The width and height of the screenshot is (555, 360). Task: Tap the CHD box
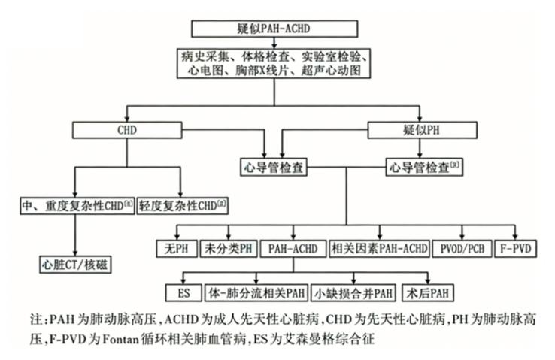(x=126, y=129)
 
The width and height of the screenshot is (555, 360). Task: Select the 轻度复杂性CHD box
(x=182, y=204)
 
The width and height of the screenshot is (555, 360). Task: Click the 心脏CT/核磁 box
(x=76, y=265)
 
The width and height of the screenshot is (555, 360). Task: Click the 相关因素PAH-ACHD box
(x=380, y=247)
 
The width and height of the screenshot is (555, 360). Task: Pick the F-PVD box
(x=517, y=247)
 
